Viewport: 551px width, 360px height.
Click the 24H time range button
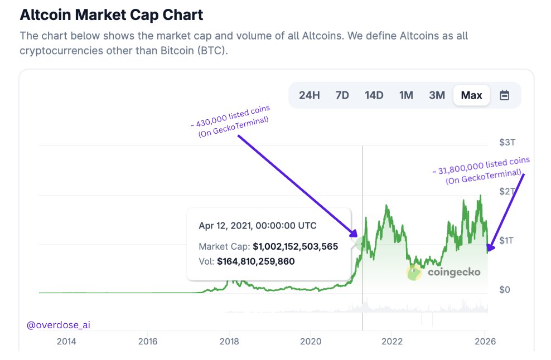tap(309, 95)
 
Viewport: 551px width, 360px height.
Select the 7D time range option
tap(342, 95)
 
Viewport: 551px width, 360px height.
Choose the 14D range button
tap(374, 95)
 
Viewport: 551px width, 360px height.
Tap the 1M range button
tap(406, 95)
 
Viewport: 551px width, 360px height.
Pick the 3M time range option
tap(437, 95)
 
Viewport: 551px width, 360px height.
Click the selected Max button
tap(471, 95)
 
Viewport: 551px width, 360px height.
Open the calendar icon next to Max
tap(504, 95)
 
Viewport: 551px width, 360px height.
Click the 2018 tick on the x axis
tap(228, 341)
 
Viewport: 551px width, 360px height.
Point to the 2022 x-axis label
tap(392, 341)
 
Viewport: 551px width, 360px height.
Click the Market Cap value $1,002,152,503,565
tap(295, 246)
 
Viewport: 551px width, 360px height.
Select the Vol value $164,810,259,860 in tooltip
tap(255, 261)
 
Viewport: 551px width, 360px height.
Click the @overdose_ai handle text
tap(58, 324)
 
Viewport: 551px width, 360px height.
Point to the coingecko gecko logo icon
tap(414, 272)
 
